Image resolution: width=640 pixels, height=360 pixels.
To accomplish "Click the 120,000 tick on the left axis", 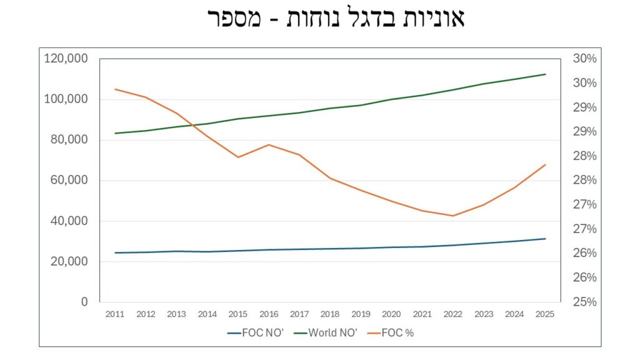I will click(x=65, y=59).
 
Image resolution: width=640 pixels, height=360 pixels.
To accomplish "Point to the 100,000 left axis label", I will click(x=65, y=99).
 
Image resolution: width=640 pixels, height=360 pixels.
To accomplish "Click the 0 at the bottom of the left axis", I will click(x=84, y=302).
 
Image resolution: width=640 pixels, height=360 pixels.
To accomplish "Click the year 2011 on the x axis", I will click(x=114, y=314).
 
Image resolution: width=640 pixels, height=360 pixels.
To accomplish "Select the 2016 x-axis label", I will click(x=268, y=314).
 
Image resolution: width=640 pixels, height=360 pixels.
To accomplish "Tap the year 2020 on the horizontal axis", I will click(x=391, y=314).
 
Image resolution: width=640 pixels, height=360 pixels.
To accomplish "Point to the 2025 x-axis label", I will click(x=545, y=314).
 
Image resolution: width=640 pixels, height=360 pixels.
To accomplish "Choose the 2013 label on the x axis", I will click(x=176, y=314).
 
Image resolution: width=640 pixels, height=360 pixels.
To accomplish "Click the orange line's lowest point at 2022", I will click(x=452, y=216).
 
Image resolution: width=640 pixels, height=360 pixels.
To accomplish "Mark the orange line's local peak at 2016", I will click(x=268, y=144).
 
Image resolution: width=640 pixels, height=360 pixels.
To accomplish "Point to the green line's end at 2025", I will click(x=545, y=74).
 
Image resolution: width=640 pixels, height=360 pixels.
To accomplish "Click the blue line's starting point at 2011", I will click(x=114, y=252).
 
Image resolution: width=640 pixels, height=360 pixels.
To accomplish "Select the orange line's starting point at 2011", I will click(x=114, y=89).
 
